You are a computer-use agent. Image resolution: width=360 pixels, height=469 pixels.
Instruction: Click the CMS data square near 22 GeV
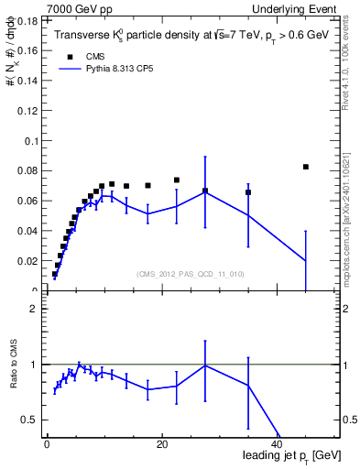click(x=177, y=180)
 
